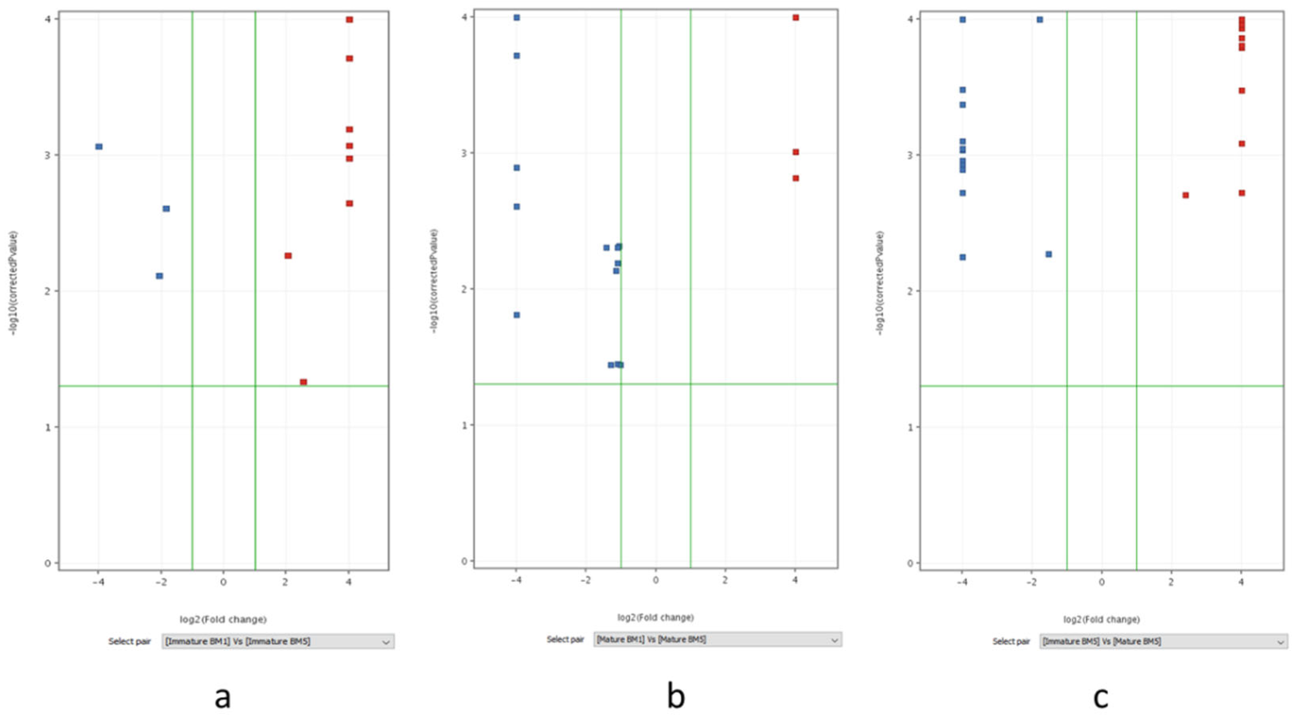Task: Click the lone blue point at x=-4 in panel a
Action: pos(99,146)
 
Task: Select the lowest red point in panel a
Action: pos(303,382)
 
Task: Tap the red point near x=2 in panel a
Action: pos(288,256)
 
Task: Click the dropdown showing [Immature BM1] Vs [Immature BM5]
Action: pos(278,641)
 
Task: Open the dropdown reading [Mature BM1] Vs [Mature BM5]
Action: pos(717,639)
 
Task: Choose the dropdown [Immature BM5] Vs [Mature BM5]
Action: pos(1163,641)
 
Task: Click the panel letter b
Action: pos(676,696)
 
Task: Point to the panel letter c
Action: pos(1100,697)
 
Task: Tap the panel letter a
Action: pos(222,697)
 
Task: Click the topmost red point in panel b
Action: pos(796,18)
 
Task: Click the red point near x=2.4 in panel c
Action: pos(1186,195)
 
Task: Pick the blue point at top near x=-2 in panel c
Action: pos(1040,19)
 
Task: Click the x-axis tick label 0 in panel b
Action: pos(655,580)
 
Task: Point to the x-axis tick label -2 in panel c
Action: pos(1031,582)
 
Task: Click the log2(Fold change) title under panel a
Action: pos(223,619)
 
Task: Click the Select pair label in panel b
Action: pos(565,639)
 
